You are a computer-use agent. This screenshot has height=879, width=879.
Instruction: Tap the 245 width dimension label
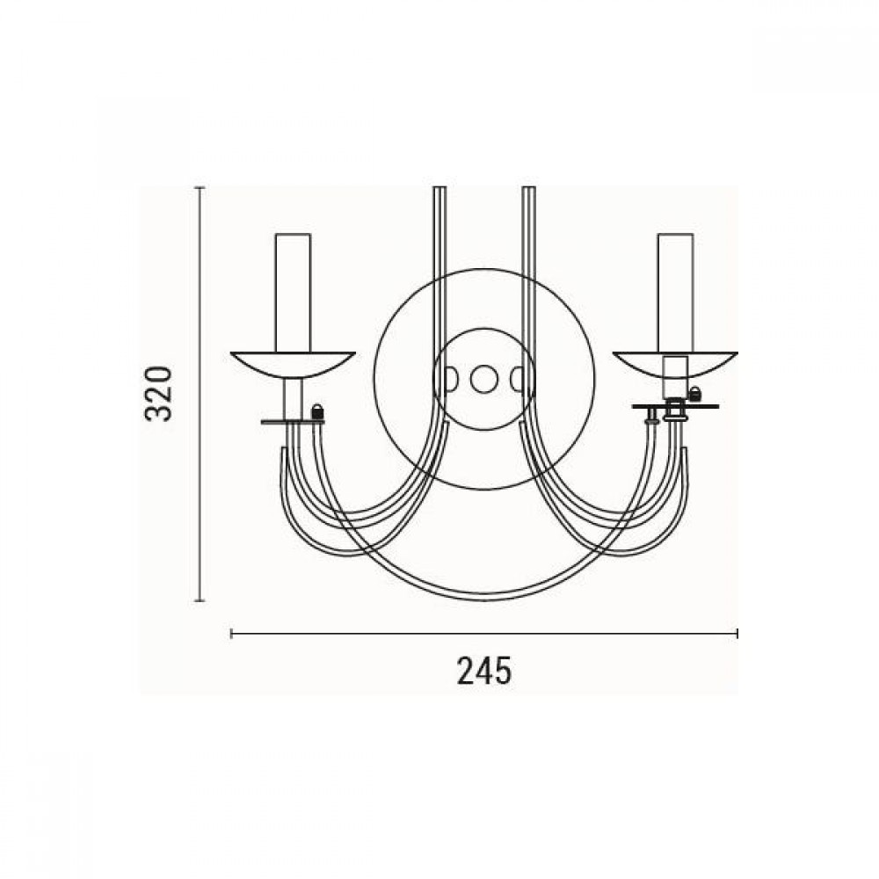(483, 672)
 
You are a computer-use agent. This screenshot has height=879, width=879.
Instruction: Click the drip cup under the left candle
(293, 364)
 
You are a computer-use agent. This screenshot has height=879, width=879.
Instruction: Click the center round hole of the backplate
(483, 380)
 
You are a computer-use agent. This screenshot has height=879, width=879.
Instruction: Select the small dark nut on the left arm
(317, 410)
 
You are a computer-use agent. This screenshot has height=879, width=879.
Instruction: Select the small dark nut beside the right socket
(695, 394)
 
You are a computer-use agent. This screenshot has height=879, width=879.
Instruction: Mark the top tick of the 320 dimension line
(200, 187)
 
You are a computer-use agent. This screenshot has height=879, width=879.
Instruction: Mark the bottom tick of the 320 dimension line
(200, 601)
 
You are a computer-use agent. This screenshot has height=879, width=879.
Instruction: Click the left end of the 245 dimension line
(231, 633)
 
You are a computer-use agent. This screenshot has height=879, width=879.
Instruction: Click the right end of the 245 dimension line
(737, 633)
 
